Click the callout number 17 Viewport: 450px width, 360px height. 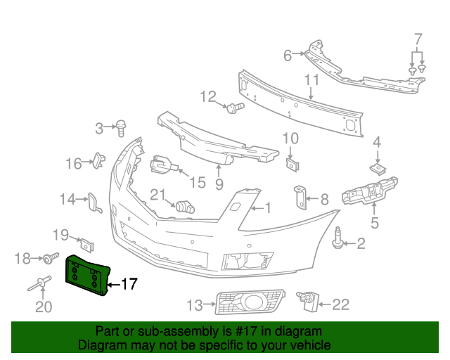(x=129, y=285)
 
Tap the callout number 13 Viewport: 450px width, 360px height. (x=194, y=305)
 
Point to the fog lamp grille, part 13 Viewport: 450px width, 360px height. (x=249, y=304)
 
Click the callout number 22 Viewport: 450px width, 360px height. (x=340, y=304)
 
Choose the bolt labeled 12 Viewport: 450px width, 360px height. (x=236, y=107)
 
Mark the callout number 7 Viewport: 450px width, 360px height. (x=418, y=38)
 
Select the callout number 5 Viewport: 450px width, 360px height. (x=375, y=224)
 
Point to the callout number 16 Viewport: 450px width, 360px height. (x=74, y=164)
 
